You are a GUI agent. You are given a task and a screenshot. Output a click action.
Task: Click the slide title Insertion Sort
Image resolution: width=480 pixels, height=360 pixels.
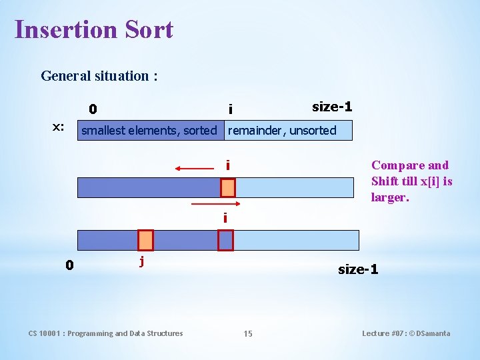(93, 30)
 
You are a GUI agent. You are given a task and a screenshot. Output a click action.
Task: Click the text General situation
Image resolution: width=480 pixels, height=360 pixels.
(99, 75)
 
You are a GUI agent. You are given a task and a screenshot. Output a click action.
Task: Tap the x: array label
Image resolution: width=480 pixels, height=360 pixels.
(59, 127)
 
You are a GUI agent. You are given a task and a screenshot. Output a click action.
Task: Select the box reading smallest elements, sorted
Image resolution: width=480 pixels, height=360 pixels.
(149, 131)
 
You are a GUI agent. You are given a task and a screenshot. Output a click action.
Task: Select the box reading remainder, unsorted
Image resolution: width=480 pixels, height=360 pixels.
(282, 131)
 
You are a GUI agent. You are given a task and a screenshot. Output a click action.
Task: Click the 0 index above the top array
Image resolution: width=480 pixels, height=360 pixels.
(93, 109)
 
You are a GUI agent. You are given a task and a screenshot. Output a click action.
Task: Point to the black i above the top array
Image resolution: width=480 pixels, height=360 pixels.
(230, 109)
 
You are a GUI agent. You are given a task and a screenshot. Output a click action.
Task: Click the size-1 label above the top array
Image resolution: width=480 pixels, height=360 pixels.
(332, 107)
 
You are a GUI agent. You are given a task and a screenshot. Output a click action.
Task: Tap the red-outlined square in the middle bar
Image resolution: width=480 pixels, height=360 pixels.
(228, 187)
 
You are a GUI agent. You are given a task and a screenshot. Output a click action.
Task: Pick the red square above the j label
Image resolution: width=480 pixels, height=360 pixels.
(145, 240)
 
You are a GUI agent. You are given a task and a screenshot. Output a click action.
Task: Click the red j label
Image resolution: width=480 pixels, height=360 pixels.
(141, 261)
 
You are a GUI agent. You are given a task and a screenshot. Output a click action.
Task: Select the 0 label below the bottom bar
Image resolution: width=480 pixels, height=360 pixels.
(69, 265)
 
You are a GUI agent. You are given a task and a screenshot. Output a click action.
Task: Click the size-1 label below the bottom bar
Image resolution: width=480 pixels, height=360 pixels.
(358, 269)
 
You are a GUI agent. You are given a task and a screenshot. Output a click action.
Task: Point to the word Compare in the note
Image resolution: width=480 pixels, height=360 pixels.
(396, 165)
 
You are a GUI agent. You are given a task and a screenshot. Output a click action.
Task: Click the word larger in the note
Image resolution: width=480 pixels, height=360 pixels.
(389, 197)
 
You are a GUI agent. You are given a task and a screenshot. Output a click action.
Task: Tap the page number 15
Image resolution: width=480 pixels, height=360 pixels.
(248, 333)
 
